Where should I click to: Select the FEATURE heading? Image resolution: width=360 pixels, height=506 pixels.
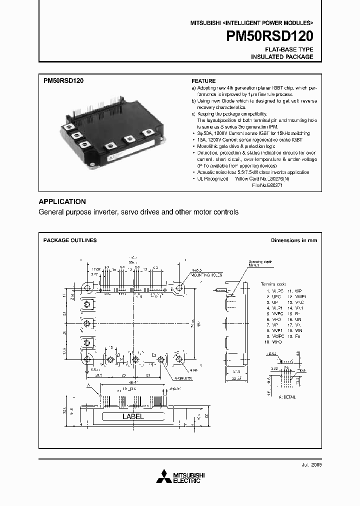[203, 81]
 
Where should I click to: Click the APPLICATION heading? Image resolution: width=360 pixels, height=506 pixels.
[62, 201]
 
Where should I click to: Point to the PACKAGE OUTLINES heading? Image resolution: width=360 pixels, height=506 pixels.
[70, 240]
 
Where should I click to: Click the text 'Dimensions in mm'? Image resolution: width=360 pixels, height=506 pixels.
[293, 240]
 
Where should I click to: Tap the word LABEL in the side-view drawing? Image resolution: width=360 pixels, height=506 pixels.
[133, 416]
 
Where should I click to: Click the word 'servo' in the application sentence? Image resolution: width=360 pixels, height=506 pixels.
[131, 212]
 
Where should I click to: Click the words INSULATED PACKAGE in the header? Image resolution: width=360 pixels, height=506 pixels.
[282, 57]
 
